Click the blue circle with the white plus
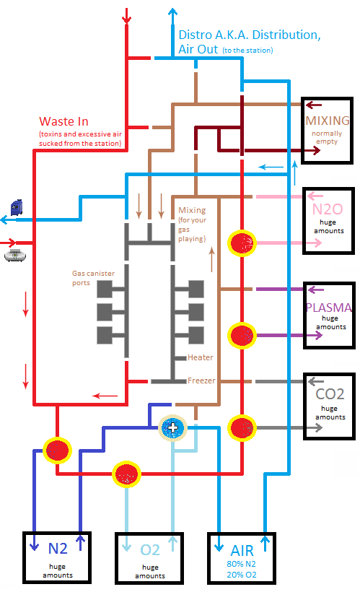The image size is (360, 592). [172, 428]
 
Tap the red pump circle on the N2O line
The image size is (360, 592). [242, 243]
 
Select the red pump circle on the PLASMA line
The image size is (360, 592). [242, 335]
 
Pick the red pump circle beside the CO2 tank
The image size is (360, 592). [242, 428]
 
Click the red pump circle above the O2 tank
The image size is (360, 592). [126, 474]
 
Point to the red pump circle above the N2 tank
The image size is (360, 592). [57, 450]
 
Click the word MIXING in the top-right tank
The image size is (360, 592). [327, 121]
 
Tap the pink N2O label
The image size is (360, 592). [328, 209]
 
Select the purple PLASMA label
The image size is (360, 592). [329, 308]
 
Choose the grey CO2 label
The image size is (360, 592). [330, 394]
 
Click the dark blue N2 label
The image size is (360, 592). [58, 549]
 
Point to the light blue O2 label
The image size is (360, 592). [150, 550]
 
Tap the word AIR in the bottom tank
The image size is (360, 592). [242, 551]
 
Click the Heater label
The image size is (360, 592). [201, 357]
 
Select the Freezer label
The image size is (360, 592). [201, 380]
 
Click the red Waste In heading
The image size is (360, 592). [63, 121]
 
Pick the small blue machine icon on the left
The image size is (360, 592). [16, 208]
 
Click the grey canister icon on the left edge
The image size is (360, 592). [15, 256]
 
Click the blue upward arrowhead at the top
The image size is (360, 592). [172, 12]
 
